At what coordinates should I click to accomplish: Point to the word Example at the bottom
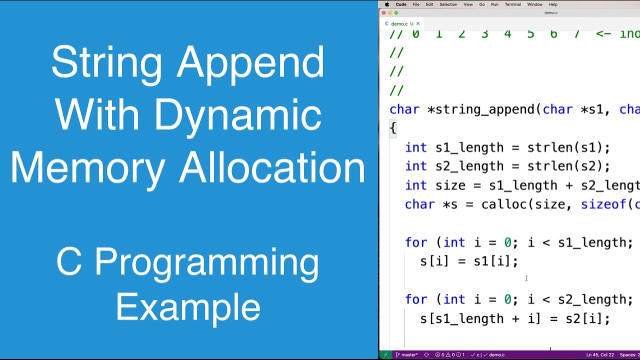[188, 307]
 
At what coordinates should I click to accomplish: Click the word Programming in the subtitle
[206, 262]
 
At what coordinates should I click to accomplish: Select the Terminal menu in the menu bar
[512, 4]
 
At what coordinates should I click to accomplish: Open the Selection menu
[448, 4]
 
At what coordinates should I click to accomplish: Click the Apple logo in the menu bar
[387, 4]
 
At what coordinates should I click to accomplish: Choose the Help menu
[553, 4]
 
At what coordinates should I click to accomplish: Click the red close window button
[384, 13]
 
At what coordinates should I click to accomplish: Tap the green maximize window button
[396, 13]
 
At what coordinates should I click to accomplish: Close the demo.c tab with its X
[418, 23]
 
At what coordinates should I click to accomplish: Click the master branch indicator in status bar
[406, 355]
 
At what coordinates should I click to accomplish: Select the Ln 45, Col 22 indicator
[600, 355]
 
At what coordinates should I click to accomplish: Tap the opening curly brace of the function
[393, 128]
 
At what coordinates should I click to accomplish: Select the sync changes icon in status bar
[426, 355]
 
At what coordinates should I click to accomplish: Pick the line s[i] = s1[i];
[469, 261]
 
